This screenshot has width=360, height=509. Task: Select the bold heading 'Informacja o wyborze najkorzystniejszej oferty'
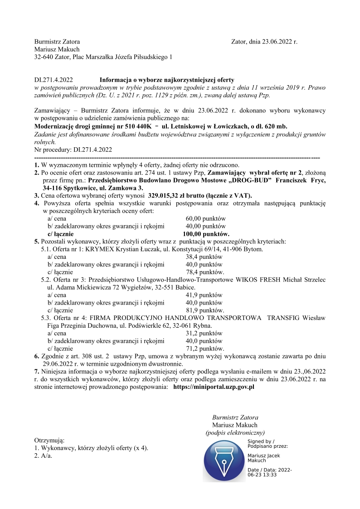click(x=167, y=79)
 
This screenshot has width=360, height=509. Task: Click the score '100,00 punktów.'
click(x=206, y=234)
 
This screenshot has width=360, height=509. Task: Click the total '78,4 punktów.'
click(x=205, y=272)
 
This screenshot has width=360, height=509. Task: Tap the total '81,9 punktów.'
click(x=205, y=310)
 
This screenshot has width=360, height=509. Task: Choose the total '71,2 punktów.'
click(x=205, y=349)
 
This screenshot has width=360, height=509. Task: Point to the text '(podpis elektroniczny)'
click(x=235, y=433)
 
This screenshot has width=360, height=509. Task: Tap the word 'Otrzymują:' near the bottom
click(x=49, y=440)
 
